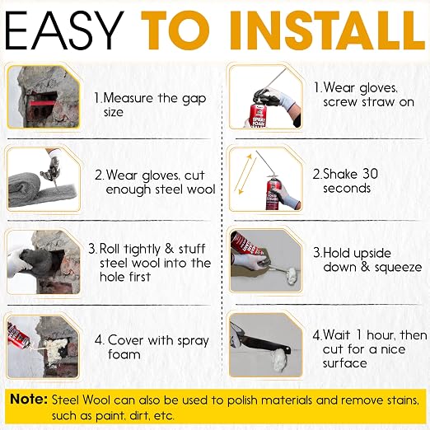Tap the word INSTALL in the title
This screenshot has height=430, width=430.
tap(327, 30)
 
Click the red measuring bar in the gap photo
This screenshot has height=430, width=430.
tap(44, 103)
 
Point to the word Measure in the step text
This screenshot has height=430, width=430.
tap(128, 98)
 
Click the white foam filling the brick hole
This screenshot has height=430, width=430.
tap(56, 348)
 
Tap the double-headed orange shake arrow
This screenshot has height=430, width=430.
tap(245, 175)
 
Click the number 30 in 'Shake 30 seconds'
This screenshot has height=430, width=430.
tap(370, 174)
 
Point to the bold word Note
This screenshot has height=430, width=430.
tap(29, 399)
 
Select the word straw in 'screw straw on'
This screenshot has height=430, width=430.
tap(379, 102)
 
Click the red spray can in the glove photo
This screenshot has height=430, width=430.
tap(258, 115)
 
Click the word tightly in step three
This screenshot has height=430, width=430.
tap(143, 250)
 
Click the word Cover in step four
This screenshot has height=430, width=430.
tap(126, 340)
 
